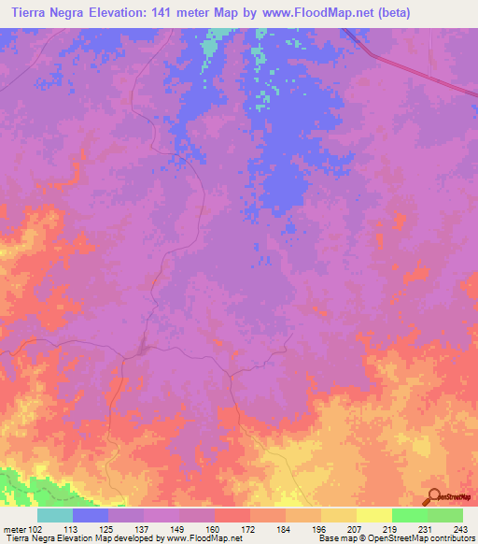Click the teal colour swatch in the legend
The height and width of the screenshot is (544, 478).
tap(55, 515)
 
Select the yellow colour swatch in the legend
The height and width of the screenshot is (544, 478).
tap(373, 515)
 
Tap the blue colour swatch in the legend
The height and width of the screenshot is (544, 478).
tap(91, 515)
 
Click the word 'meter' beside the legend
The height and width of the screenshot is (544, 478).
tap(14, 530)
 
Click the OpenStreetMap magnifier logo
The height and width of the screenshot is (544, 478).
tap(432, 495)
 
